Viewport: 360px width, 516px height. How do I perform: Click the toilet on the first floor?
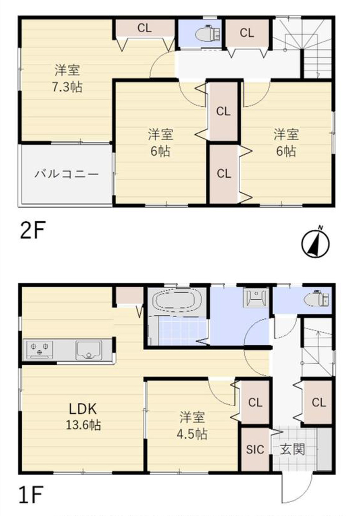[x=316, y=300]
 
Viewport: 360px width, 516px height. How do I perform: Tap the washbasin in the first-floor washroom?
[x=256, y=298]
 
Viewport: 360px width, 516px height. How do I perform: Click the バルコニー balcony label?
[x=67, y=174]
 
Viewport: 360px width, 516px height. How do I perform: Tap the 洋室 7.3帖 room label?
[x=67, y=79]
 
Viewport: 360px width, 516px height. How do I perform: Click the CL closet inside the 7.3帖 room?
[x=145, y=29]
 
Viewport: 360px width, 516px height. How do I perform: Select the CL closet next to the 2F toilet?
[x=247, y=33]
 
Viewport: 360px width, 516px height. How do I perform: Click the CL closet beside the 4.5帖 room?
[x=255, y=402]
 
